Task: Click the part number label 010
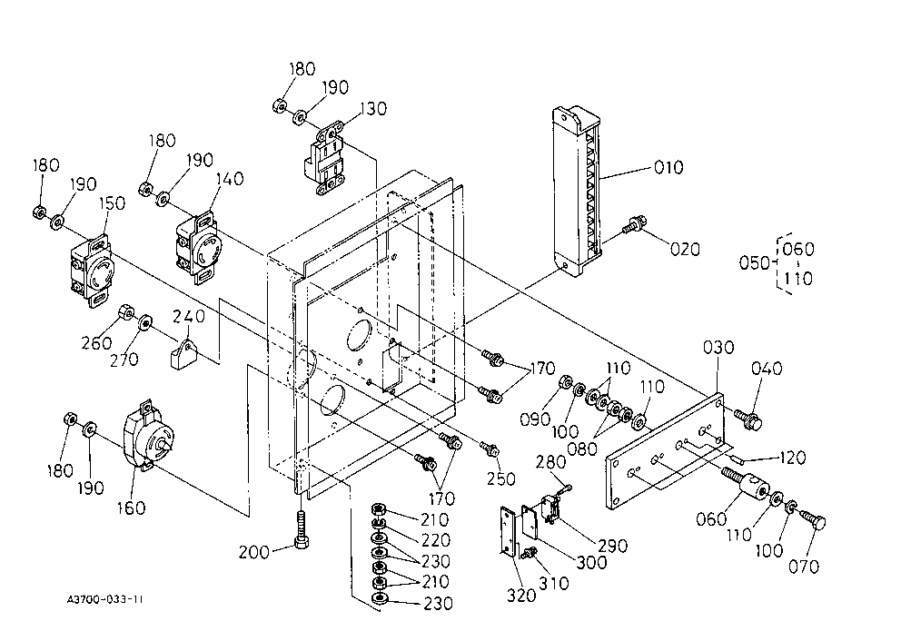pyautogui.click(x=668, y=168)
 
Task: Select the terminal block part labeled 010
pyautogui.click(x=577, y=192)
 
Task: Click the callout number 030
pyautogui.click(x=718, y=348)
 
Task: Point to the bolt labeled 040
pyautogui.click(x=748, y=419)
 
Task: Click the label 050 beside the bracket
pyautogui.click(x=754, y=263)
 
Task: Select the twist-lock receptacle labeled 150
pyautogui.click(x=92, y=271)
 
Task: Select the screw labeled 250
pyautogui.click(x=490, y=448)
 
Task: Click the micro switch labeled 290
pyautogui.click(x=550, y=508)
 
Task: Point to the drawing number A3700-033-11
pyautogui.click(x=105, y=599)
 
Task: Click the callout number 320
pyautogui.click(x=521, y=596)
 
